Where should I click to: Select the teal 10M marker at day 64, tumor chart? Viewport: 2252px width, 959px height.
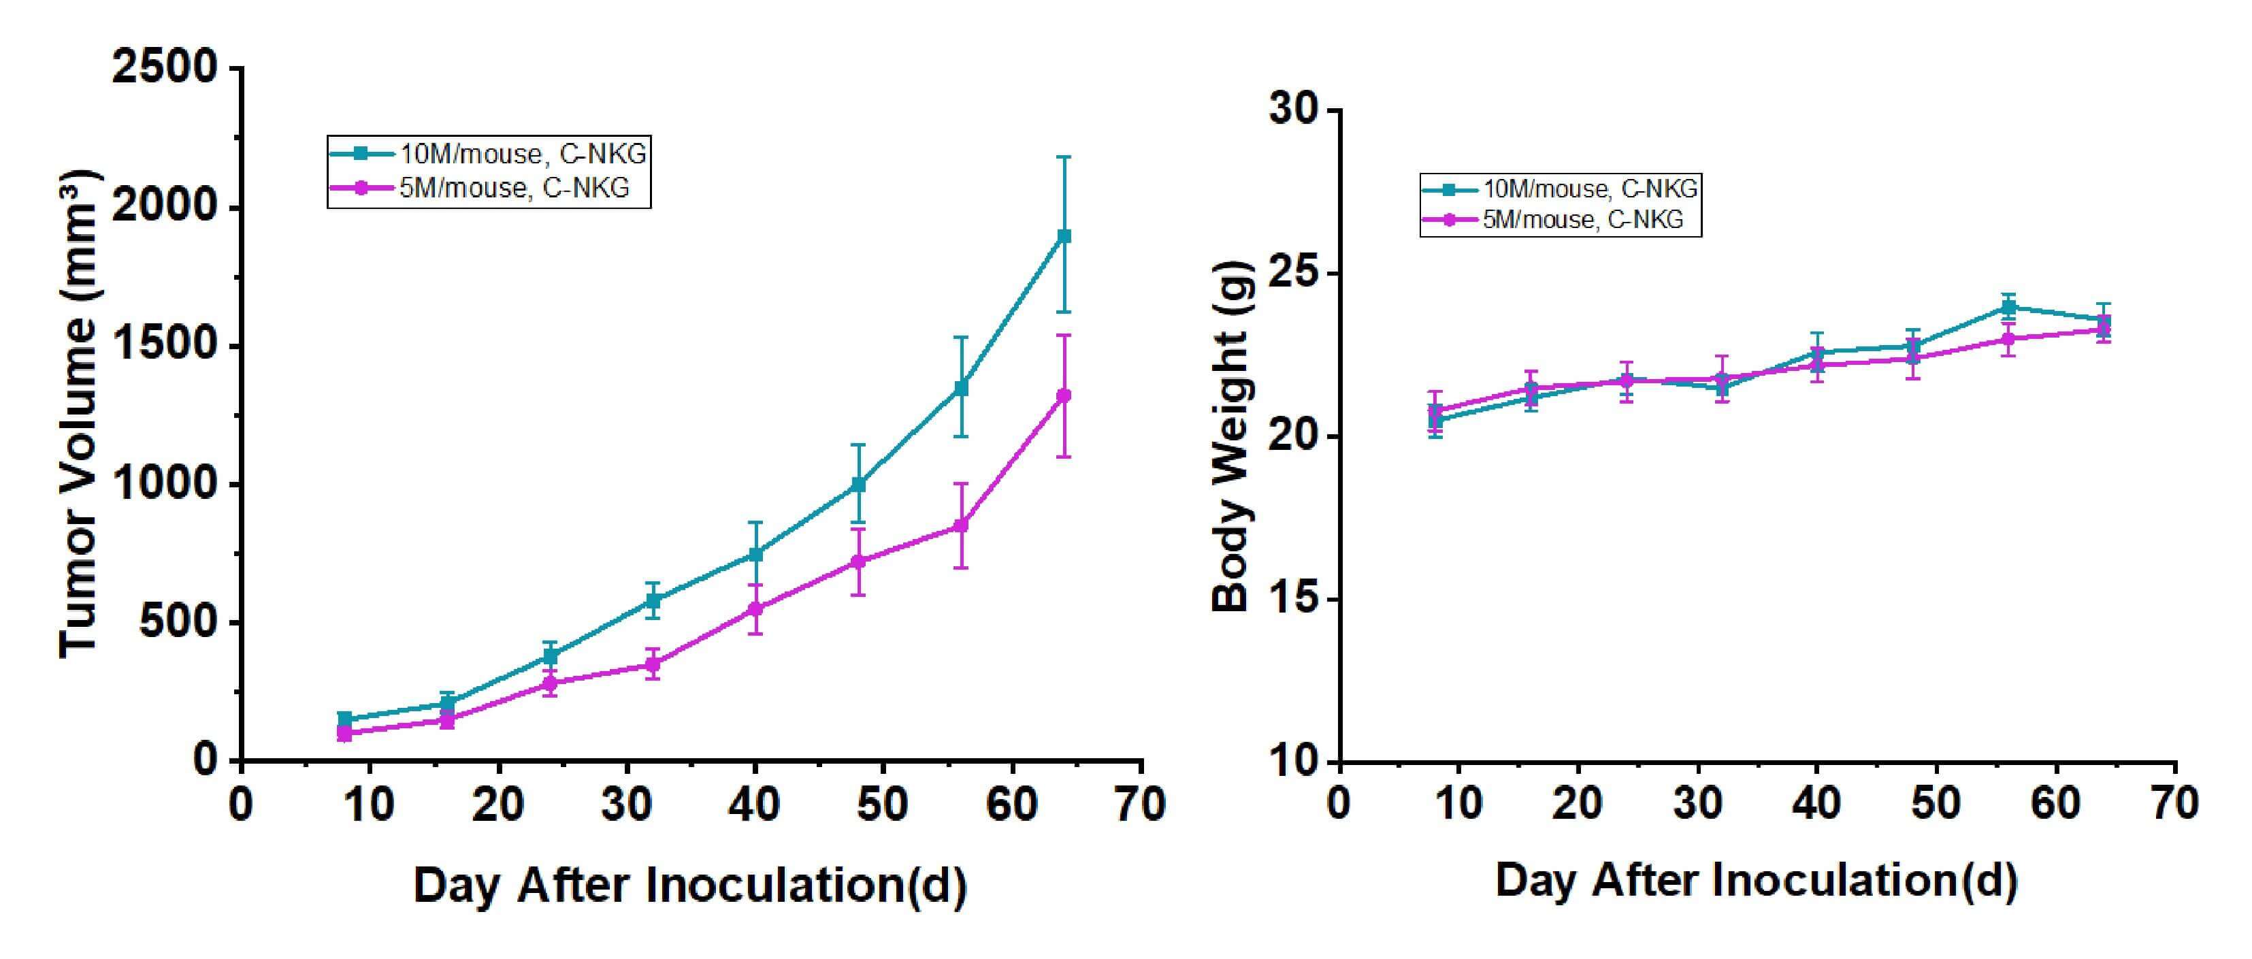tap(1064, 236)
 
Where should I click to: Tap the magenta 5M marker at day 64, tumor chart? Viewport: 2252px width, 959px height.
tap(1064, 395)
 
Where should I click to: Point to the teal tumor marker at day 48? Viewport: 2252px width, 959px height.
tap(858, 485)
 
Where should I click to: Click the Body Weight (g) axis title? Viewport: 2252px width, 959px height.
tap(1232, 436)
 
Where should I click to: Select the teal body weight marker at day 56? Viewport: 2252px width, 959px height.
tap(2009, 307)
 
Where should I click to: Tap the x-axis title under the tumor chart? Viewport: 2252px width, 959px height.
tap(690, 885)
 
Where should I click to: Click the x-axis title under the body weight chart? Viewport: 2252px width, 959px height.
tap(1757, 879)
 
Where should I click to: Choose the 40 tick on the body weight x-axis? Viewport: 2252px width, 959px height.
tap(1816, 802)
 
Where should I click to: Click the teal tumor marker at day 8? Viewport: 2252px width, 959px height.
tap(344, 719)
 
